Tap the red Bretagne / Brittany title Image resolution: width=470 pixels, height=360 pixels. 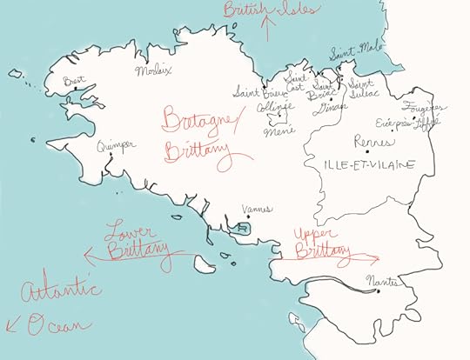point(200,135)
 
